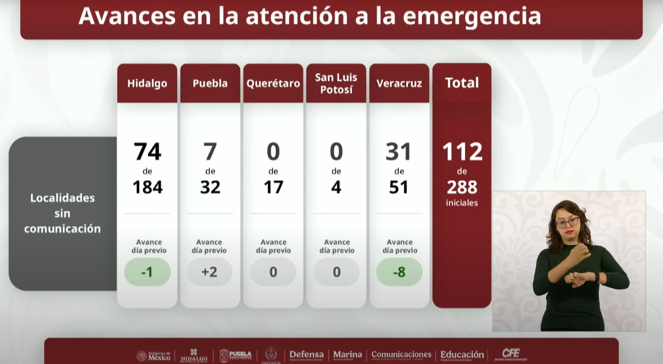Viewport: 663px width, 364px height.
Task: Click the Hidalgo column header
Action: click(x=147, y=83)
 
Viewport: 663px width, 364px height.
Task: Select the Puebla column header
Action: click(x=210, y=83)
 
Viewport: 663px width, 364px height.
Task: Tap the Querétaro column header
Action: click(x=273, y=83)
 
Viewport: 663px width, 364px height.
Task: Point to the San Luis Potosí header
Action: click(x=336, y=83)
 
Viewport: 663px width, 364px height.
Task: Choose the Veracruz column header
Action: click(x=399, y=83)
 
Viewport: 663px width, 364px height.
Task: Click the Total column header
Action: click(x=462, y=83)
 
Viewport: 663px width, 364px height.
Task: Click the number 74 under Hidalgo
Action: click(x=147, y=152)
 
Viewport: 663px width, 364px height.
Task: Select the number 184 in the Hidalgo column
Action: click(x=147, y=187)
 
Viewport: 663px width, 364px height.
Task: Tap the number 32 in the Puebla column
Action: click(x=210, y=187)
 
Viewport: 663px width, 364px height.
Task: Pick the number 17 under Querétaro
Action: click(x=273, y=187)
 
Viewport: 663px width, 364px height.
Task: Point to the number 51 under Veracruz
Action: click(x=399, y=187)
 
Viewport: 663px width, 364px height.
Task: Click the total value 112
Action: click(x=462, y=152)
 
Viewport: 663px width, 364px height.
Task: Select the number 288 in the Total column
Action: click(x=462, y=187)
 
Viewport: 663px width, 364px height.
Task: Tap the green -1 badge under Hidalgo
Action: click(x=147, y=272)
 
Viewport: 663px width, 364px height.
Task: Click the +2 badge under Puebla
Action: click(x=210, y=272)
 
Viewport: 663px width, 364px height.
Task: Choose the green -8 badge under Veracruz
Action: click(x=399, y=272)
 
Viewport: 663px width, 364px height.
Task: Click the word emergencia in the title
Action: click(x=472, y=16)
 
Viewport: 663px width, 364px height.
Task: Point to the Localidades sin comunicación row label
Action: click(x=63, y=213)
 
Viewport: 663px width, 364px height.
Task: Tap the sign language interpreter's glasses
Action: click(x=567, y=222)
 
